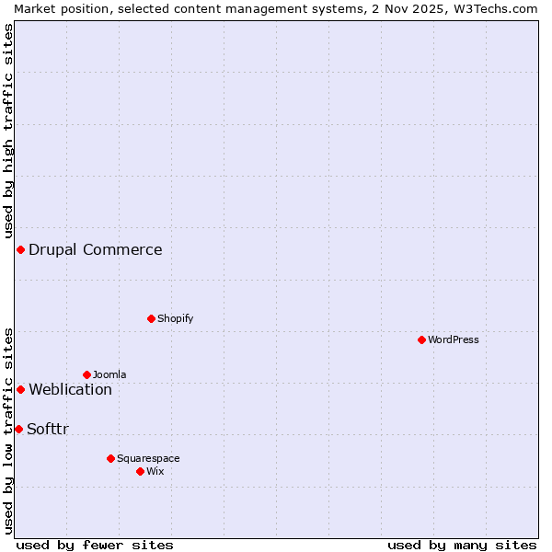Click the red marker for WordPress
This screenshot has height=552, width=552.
(x=421, y=339)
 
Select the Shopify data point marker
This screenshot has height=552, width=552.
(x=151, y=318)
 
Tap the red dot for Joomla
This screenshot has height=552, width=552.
(x=86, y=374)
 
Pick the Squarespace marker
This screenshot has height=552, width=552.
(x=110, y=458)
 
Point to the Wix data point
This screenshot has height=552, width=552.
(x=140, y=471)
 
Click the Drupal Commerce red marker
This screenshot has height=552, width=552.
(x=20, y=249)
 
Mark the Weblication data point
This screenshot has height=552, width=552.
(x=20, y=389)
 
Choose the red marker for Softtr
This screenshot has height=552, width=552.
(x=18, y=429)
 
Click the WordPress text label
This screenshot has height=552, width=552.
(x=454, y=339)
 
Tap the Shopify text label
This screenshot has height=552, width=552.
(x=175, y=318)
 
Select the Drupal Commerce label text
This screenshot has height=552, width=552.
(x=95, y=249)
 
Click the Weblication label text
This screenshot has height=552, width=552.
(x=70, y=389)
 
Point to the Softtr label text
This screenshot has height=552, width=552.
(x=48, y=429)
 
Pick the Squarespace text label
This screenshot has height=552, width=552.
(x=148, y=458)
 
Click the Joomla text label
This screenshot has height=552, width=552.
(x=109, y=374)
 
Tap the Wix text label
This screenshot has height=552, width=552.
(x=155, y=471)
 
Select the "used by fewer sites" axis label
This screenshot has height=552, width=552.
(x=95, y=545)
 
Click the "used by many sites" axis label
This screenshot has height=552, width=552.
(x=462, y=545)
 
